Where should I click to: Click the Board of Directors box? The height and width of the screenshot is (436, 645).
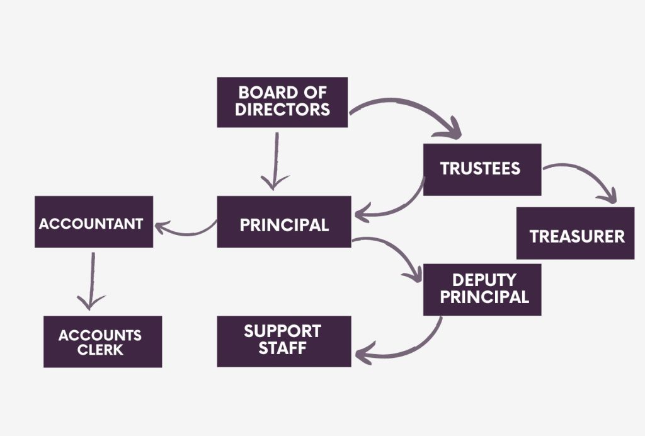pyautogui.click(x=282, y=102)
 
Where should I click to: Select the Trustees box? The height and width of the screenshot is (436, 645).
pyautogui.click(x=482, y=169)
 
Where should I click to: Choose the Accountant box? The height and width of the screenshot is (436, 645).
pyautogui.click(x=93, y=222)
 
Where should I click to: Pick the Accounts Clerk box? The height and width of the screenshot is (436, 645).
pyautogui.click(x=102, y=341)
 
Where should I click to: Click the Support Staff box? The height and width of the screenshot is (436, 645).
pyautogui.click(x=283, y=341)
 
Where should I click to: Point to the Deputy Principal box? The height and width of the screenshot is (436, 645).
pyautogui.click(x=482, y=289)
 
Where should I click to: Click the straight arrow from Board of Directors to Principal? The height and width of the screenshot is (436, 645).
pyautogui.click(x=275, y=161)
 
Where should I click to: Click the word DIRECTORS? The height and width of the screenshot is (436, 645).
pyautogui.click(x=283, y=109)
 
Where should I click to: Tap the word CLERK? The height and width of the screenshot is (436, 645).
pyautogui.click(x=100, y=349)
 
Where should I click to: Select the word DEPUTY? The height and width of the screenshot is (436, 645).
pyautogui.click(x=484, y=280)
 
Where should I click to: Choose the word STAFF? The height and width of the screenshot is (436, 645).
pyautogui.click(x=282, y=348)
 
